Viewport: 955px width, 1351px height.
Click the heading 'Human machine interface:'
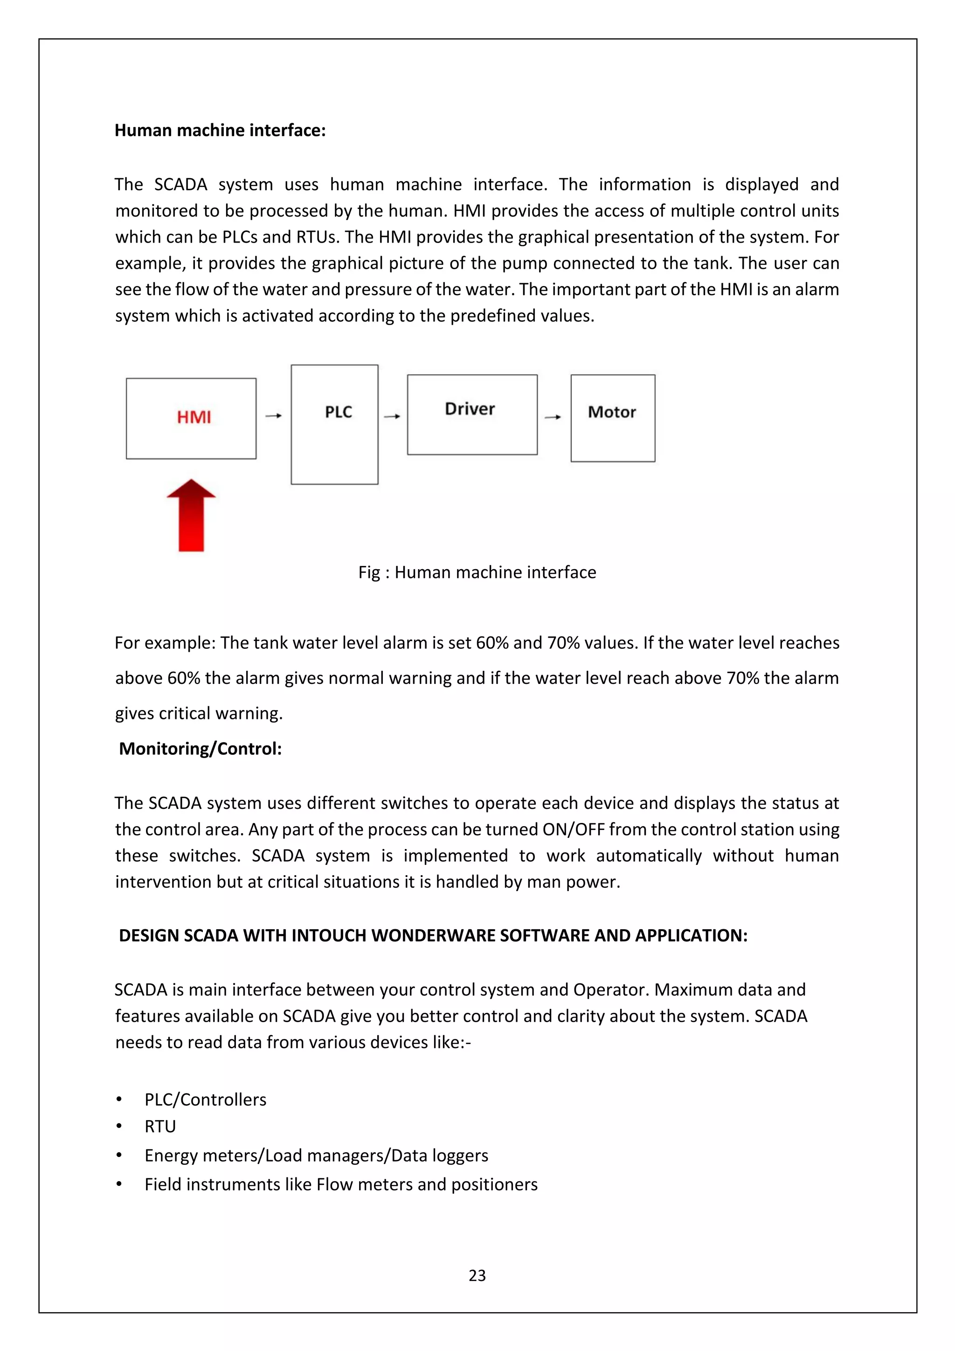pyautogui.click(x=220, y=130)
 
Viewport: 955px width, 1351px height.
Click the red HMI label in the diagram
pyautogui.click(x=194, y=417)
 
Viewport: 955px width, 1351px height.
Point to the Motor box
pyautogui.click(x=612, y=418)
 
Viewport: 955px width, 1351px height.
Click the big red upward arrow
pyautogui.click(x=191, y=516)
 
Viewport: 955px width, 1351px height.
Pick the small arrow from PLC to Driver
pyautogui.click(x=392, y=417)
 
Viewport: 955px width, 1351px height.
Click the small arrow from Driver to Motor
pyautogui.click(x=553, y=417)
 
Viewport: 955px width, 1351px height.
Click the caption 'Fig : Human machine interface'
pyautogui.click(x=477, y=572)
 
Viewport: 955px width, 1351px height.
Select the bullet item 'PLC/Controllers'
pyautogui.click(x=205, y=1099)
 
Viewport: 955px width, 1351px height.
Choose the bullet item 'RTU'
pyautogui.click(x=160, y=1126)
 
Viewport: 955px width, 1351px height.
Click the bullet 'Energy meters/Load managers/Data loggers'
pyautogui.click(x=316, y=1155)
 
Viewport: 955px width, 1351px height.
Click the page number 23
pyautogui.click(x=477, y=1275)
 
